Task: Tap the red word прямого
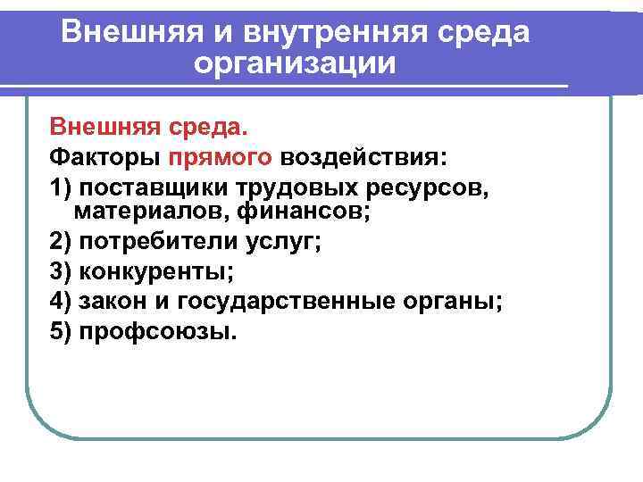221,158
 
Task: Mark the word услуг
273,242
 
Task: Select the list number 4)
62,301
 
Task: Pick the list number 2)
62,242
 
